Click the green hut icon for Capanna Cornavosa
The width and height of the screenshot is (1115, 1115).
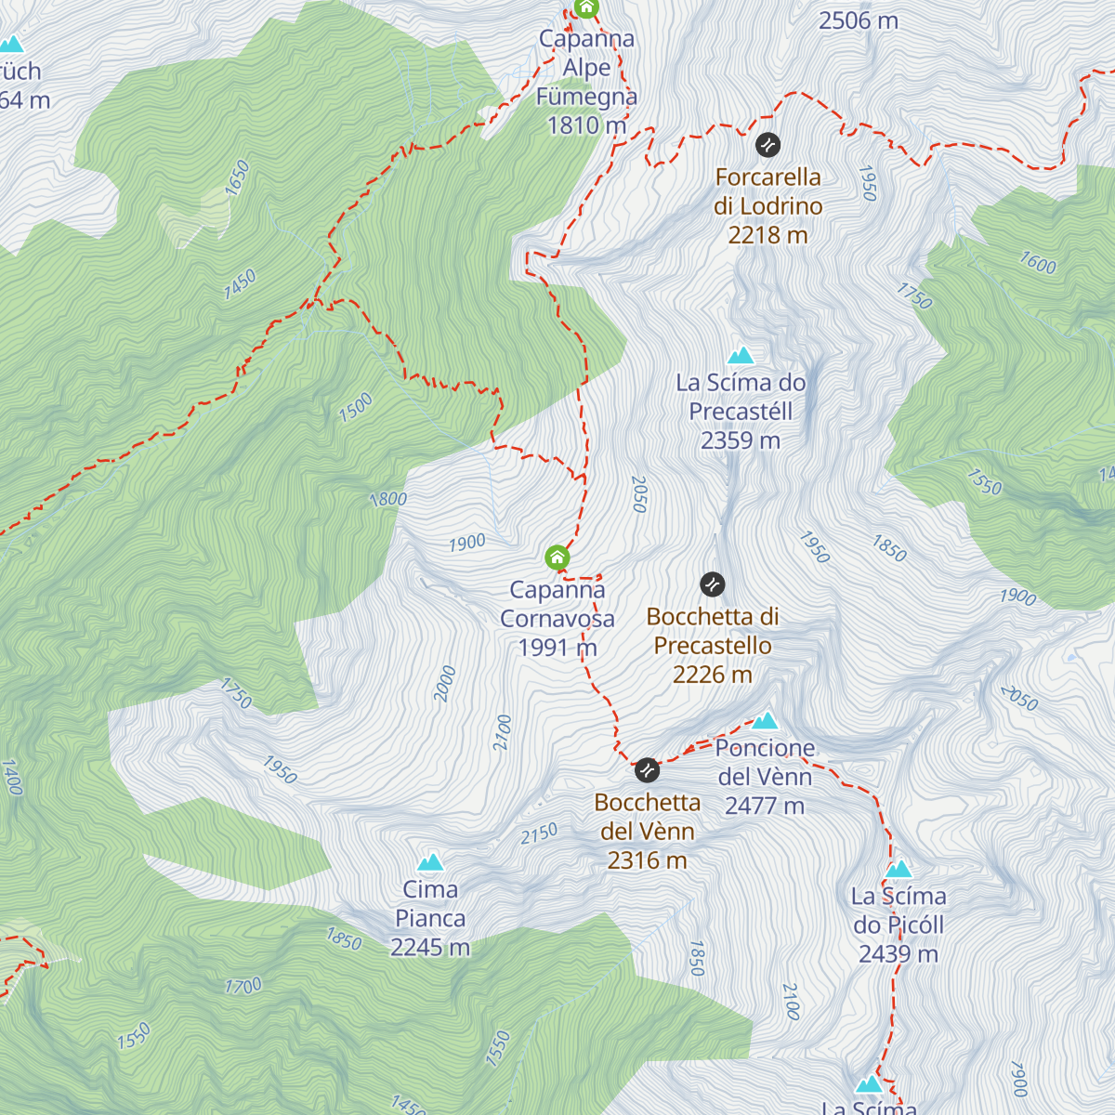coord(557,557)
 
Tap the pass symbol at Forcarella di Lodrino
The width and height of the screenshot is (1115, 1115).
coord(767,145)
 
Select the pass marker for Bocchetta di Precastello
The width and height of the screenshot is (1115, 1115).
coord(712,584)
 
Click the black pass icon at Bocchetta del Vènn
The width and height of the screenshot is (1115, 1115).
coord(647,770)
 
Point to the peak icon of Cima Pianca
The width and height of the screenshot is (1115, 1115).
coord(430,862)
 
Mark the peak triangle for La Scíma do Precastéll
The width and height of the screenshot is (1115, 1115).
coord(741,355)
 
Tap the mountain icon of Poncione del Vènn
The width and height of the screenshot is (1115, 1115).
coord(765,720)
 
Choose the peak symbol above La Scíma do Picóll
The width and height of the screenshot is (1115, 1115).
coord(899,870)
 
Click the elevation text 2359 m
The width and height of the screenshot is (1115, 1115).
coord(741,440)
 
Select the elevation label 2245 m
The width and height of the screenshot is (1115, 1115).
coord(430,948)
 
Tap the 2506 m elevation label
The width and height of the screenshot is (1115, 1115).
coord(858,20)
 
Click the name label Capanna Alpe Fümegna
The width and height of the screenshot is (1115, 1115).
coord(586,68)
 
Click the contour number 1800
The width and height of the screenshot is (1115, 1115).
coord(388,499)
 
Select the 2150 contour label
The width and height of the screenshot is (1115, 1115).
coord(539,833)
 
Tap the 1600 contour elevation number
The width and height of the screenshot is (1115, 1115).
coord(1038,264)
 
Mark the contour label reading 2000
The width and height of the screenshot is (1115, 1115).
coord(445,684)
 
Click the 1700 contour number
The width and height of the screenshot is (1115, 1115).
coord(243,986)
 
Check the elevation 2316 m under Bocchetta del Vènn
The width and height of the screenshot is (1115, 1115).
coord(648,861)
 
